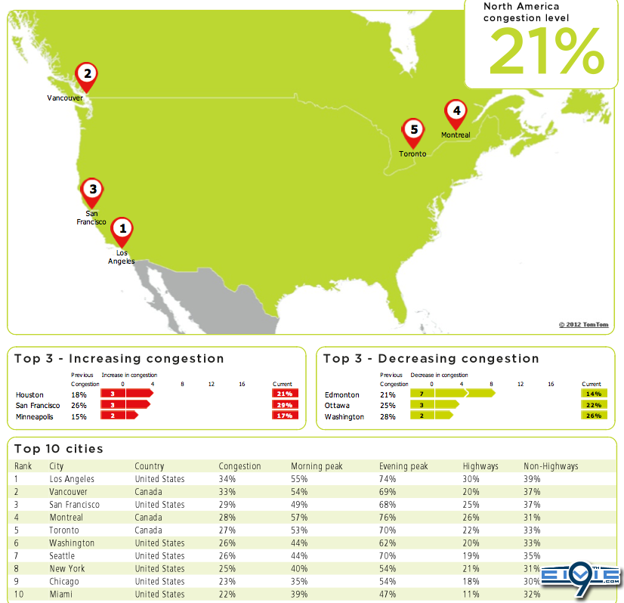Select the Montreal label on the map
pos(456,135)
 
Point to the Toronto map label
pos(412,153)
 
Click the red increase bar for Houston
pos(128,394)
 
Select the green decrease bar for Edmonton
pos(453,393)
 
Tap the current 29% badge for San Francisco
pos(285,405)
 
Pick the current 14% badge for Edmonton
pos(592,394)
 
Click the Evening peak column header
pos(403,466)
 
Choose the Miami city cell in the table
pos(61,595)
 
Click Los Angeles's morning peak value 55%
pos(299,479)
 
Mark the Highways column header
pos(480,466)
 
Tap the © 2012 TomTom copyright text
pos(583,325)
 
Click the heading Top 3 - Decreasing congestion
pos(431,359)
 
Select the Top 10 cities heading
pos(58,449)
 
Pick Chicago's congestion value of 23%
pos(227,582)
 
